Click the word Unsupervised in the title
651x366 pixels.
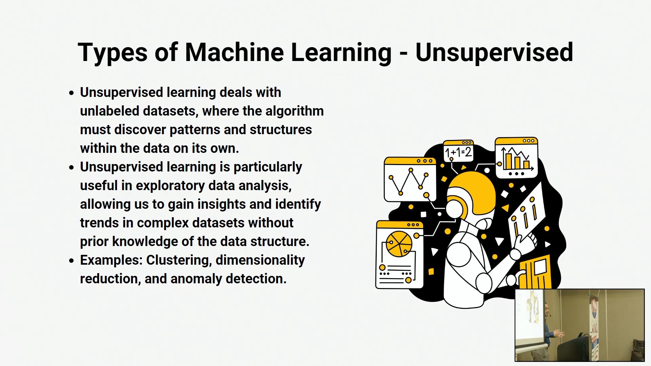[494, 53]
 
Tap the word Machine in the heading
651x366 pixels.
[234, 52]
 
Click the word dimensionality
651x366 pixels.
[260, 260]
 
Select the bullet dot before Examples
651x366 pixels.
[71, 260]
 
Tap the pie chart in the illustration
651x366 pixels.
[399, 244]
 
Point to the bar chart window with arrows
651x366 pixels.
[516, 158]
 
